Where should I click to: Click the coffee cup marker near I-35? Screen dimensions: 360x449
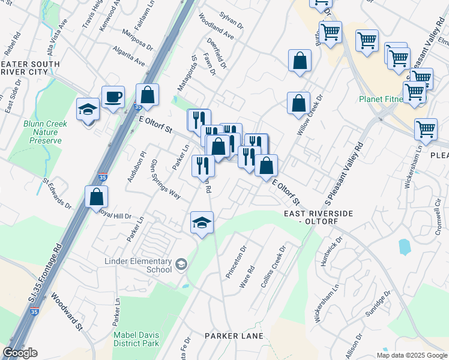113,97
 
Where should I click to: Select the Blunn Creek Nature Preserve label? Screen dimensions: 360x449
46,132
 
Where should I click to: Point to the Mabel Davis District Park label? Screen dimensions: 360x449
136,340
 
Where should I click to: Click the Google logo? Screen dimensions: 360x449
20,353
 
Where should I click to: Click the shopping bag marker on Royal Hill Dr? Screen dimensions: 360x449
96,196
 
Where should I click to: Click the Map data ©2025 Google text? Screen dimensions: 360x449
412,355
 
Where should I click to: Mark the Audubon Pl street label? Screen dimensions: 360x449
136,166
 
